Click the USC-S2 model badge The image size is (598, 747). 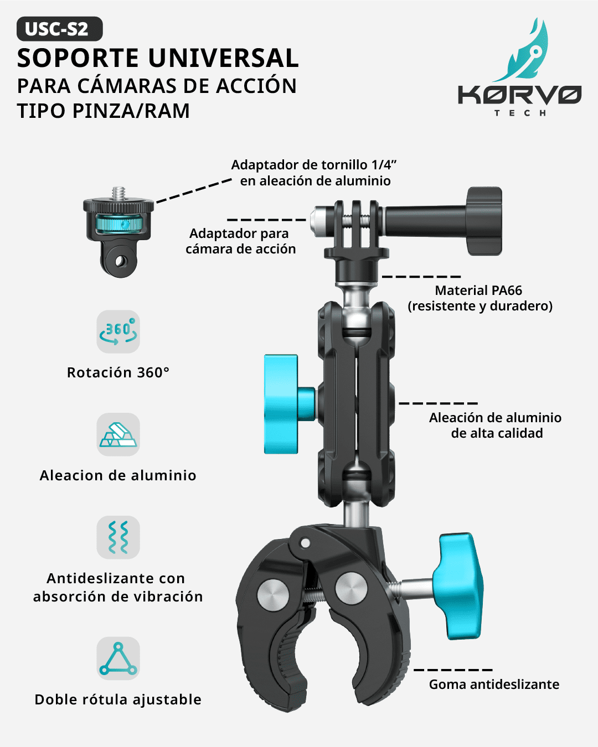pos(59,29)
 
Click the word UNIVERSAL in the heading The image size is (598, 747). pos(224,58)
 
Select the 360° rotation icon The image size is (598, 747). pos(118,331)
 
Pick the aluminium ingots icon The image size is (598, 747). pos(118,434)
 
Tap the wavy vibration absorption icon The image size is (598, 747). pos(118,537)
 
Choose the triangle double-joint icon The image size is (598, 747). pos(118,658)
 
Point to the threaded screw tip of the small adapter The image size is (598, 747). pos(118,193)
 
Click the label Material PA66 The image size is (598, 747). pos(478,290)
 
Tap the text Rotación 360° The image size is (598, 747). pos(118,372)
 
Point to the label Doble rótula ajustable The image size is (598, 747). pos(118,700)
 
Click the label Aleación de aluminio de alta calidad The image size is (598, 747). pos(496,425)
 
